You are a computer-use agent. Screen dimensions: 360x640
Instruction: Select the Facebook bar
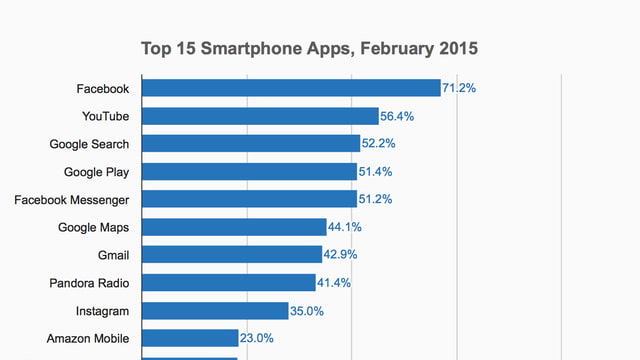coord(291,88)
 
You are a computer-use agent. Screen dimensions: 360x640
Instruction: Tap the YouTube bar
coord(260,116)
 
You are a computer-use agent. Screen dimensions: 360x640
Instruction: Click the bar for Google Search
coord(251,144)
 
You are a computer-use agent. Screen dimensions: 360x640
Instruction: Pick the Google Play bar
coord(249,172)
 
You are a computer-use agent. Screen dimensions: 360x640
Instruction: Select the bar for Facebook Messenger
coord(249,199)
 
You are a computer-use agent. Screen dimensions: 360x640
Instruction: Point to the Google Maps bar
coord(234,227)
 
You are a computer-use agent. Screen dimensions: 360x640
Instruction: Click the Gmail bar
coord(231,255)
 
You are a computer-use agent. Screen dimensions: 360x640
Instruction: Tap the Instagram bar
coord(215,311)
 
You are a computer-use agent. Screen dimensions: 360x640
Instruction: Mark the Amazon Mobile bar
coord(190,338)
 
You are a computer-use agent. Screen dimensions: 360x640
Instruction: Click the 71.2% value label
coord(460,89)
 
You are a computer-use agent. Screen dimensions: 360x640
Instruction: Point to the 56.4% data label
coord(397,117)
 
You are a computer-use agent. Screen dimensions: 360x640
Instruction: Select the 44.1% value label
coord(345,228)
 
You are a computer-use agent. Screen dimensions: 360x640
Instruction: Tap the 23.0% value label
coord(257,339)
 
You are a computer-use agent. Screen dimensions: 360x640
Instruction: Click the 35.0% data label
coord(307,311)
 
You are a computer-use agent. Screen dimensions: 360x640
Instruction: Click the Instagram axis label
coord(102,311)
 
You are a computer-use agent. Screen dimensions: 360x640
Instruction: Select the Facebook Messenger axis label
coord(71,200)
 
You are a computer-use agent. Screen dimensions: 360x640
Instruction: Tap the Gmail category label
coord(112,255)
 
